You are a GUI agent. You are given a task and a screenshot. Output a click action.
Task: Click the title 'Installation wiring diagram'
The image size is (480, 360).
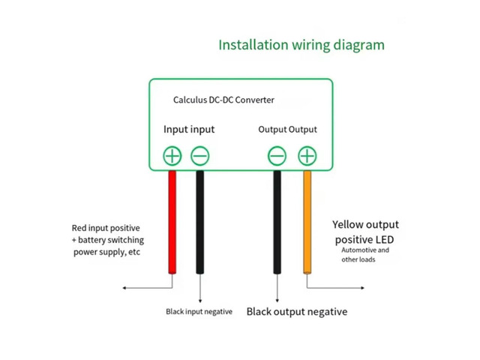click(x=301, y=45)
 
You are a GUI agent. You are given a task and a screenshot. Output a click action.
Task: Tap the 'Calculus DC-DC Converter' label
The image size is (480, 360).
click(x=223, y=100)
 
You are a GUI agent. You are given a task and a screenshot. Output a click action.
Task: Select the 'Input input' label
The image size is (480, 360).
click(x=189, y=130)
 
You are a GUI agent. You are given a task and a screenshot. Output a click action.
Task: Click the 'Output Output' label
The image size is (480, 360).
click(x=288, y=130)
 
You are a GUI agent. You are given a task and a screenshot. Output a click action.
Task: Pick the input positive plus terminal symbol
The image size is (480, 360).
click(x=172, y=156)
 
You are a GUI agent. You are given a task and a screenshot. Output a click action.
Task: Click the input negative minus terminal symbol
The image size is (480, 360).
click(x=200, y=156)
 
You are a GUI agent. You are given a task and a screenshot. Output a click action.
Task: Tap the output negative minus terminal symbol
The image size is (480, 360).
click(x=277, y=156)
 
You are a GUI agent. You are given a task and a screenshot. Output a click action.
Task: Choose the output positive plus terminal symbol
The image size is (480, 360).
click(x=307, y=156)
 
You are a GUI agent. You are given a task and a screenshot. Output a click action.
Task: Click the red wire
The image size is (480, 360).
click(x=172, y=222)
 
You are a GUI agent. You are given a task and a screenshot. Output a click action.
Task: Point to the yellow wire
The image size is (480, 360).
click(x=307, y=222)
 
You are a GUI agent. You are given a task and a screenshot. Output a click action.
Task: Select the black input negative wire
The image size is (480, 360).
click(x=200, y=222)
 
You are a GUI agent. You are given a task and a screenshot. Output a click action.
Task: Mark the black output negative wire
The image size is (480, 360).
click(x=277, y=222)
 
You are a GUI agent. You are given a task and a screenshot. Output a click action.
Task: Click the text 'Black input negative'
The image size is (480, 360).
click(x=199, y=312)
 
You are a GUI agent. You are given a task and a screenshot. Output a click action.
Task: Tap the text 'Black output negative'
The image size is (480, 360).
click(x=297, y=312)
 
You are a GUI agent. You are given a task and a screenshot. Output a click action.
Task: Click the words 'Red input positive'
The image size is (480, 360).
click(x=106, y=228)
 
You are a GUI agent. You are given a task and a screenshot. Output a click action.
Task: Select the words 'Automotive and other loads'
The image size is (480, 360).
click(x=365, y=255)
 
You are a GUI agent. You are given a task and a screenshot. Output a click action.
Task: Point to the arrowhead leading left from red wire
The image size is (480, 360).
click(x=124, y=288)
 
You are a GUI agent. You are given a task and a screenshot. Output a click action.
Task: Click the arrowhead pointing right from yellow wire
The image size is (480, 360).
click(x=362, y=288)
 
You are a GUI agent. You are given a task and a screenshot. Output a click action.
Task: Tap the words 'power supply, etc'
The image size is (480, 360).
click(x=106, y=252)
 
